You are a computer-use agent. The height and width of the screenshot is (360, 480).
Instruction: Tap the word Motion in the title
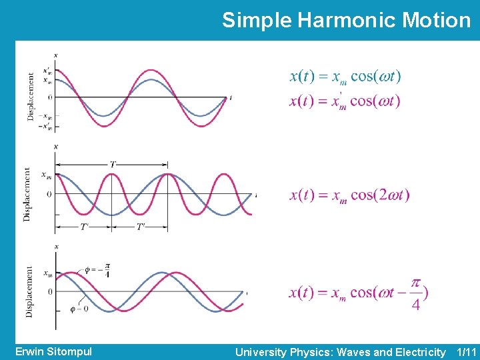pyautogui.click(x=437, y=20)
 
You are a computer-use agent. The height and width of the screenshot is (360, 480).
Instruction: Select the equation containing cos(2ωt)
pyautogui.click(x=349, y=195)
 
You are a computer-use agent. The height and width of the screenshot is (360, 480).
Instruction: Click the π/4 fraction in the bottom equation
pyautogui.click(x=416, y=293)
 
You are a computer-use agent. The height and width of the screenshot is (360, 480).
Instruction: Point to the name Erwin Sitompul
pyautogui.click(x=53, y=351)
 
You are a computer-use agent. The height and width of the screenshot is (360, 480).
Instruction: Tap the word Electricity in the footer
pyautogui.click(x=413, y=351)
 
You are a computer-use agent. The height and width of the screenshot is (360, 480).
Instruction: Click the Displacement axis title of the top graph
pyautogui.click(x=31, y=97)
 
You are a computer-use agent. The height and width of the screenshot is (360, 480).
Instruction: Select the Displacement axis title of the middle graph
pyautogui.click(x=27, y=194)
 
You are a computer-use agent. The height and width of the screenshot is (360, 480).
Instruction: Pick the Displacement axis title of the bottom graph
pyautogui.click(x=29, y=291)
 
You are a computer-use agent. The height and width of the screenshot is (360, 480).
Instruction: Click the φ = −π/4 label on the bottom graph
pyautogui.click(x=97, y=271)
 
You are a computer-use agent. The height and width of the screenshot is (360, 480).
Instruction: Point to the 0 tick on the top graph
pyautogui.click(x=50, y=97)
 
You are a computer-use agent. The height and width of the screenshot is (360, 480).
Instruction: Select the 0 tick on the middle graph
pyautogui.click(x=48, y=194)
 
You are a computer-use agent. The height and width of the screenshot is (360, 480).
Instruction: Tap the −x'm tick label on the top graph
pyautogui.click(x=47, y=127)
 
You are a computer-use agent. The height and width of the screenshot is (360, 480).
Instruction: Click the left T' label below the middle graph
pyautogui.click(x=85, y=227)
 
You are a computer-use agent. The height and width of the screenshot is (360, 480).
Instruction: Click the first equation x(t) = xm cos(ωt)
pyautogui.click(x=345, y=77)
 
